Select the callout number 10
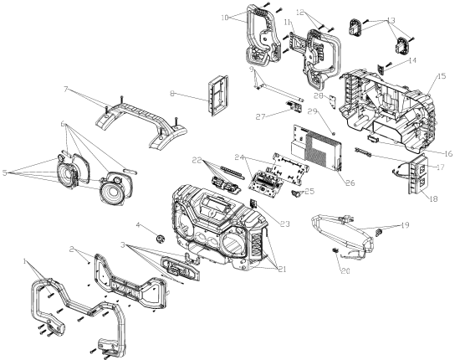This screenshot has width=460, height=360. [225, 17]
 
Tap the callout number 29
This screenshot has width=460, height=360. [314, 111]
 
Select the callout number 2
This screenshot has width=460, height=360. [74, 250]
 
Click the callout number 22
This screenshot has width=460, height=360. [197, 160]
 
